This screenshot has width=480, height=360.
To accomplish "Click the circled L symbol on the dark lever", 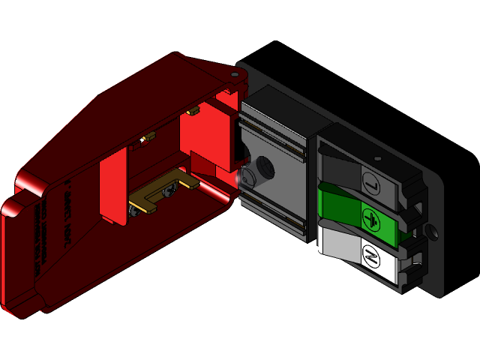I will (371, 181).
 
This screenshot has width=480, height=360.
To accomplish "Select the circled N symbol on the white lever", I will (370, 257).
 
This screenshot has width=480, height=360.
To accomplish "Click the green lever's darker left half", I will (340, 205).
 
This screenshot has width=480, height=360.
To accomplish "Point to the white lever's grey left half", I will (337, 244).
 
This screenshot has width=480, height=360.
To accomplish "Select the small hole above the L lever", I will (378, 159).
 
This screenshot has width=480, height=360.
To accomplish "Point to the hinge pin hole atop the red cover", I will (235, 75).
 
